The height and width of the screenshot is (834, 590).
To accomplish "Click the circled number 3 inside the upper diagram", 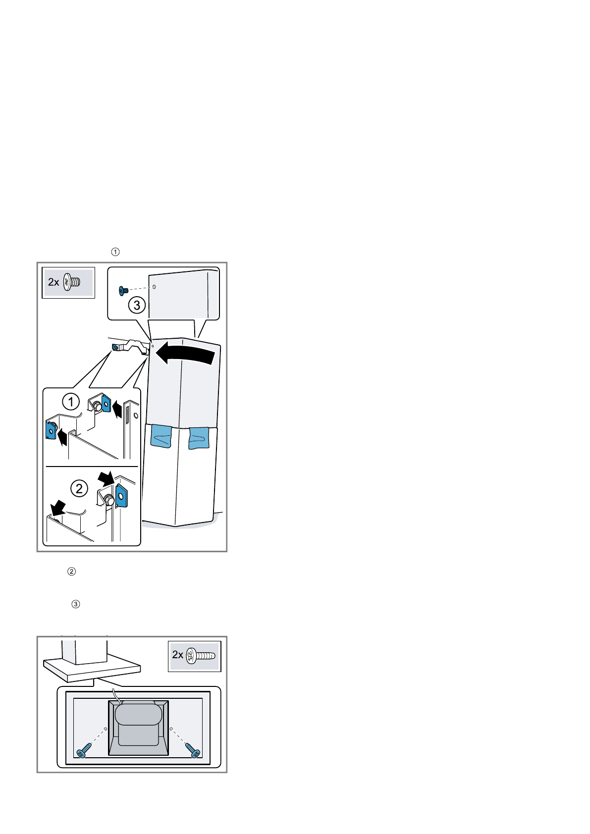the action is click(x=137, y=305).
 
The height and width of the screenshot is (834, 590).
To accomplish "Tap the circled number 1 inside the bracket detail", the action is click(x=71, y=401).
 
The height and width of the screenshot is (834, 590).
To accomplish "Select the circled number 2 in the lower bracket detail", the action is click(x=79, y=489).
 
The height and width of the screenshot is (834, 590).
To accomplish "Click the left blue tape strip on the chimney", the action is click(x=161, y=436).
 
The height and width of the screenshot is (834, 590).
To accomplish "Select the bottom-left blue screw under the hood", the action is click(x=83, y=751).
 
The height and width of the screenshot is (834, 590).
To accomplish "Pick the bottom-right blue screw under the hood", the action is click(x=193, y=750).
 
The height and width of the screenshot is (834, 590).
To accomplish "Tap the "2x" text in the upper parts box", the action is click(x=54, y=282).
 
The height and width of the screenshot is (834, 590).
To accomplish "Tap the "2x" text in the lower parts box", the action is click(x=178, y=655).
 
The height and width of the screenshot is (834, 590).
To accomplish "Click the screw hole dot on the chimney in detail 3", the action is click(x=154, y=287).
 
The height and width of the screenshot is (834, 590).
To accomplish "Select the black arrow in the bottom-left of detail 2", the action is click(x=58, y=507).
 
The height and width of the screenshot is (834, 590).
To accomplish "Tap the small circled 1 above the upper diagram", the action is click(x=115, y=252).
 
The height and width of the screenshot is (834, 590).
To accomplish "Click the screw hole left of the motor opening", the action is click(x=106, y=729).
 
